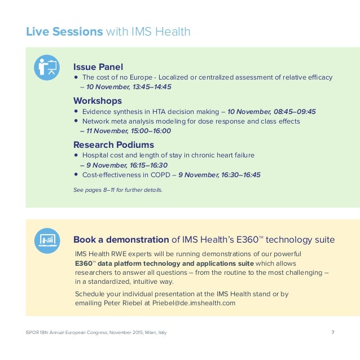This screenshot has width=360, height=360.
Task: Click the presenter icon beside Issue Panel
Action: tap(47, 68)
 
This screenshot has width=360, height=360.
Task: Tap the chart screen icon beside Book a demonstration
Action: tap(47, 240)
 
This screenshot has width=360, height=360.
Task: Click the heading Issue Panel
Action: tap(98, 67)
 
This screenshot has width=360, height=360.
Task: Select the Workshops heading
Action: tap(98, 100)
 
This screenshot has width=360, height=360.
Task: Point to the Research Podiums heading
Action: tap(113, 144)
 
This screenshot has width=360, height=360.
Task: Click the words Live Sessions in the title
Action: tap(64, 32)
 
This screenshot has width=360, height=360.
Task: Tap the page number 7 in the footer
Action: tap(333, 332)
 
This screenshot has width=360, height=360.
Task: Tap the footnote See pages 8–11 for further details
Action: tap(118, 190)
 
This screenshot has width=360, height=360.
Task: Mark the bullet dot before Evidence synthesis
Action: tap(76, 111)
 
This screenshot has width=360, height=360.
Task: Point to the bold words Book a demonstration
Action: tap(121, 240)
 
